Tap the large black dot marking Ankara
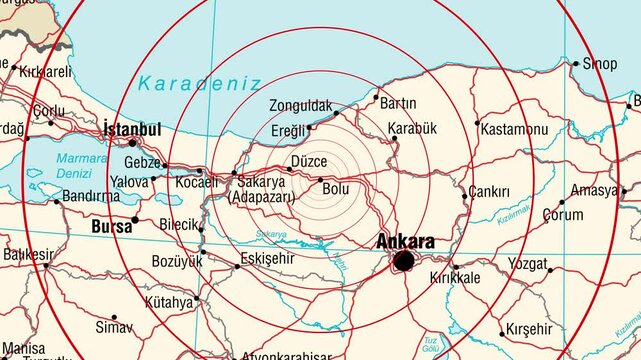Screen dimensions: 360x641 coord(404,262)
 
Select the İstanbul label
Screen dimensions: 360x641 coord(132,129)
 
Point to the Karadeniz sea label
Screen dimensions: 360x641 coord(200,83)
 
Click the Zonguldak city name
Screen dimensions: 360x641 coord(300,106)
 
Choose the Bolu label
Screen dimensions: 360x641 coord(336,187)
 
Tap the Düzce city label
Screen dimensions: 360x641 coord(309,161)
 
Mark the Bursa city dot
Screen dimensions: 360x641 coord(135,220)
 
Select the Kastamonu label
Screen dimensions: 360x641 coord(514,130)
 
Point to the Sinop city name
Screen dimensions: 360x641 coord(600,64)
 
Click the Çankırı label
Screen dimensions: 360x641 coord(490,192)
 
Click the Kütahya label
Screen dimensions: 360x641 coord(167,302)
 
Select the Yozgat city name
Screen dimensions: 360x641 coord(527,265)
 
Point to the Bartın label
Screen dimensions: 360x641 coord(398,103)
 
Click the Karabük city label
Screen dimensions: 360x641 coord(412,128)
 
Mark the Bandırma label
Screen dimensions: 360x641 coord(91,197)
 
